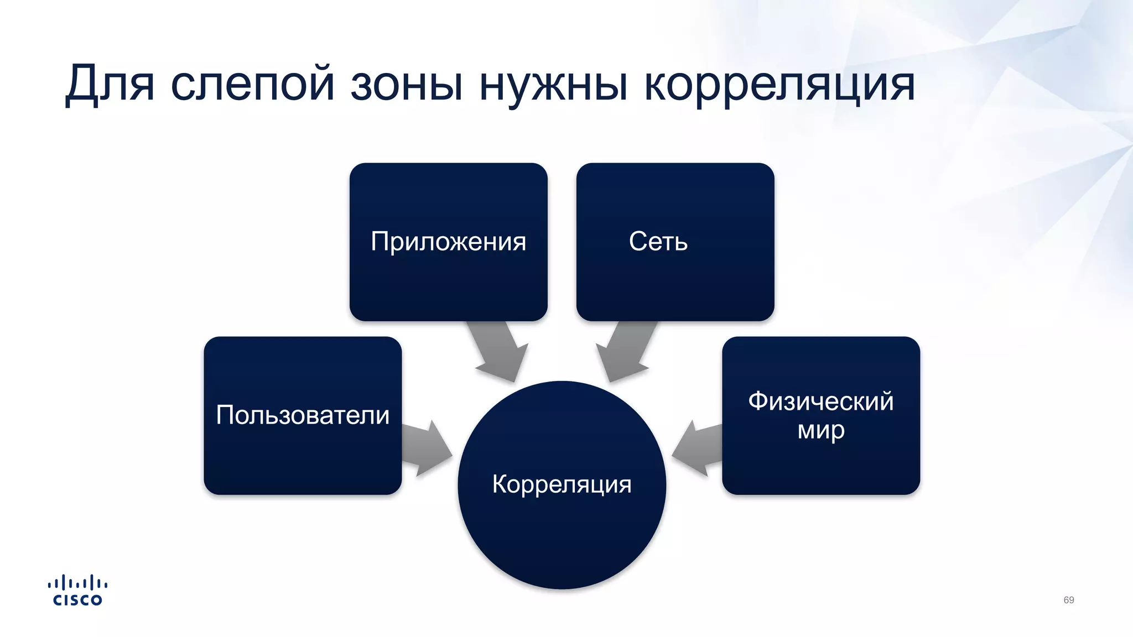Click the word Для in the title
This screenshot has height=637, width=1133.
(110, 84)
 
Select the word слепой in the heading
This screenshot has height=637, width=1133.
(253, 84)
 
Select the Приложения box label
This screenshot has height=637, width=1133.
(448, 242)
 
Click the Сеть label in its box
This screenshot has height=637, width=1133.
(658, 242)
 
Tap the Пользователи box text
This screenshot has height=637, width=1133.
(303, 415)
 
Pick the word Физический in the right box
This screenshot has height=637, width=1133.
(820, 401)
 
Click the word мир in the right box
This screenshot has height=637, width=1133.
(820, 430)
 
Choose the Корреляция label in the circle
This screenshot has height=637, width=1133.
(562, 484)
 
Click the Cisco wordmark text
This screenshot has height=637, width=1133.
(77, 601)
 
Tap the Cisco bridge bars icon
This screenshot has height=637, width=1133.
(77, 582)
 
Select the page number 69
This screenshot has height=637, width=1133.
(1068, 600)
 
